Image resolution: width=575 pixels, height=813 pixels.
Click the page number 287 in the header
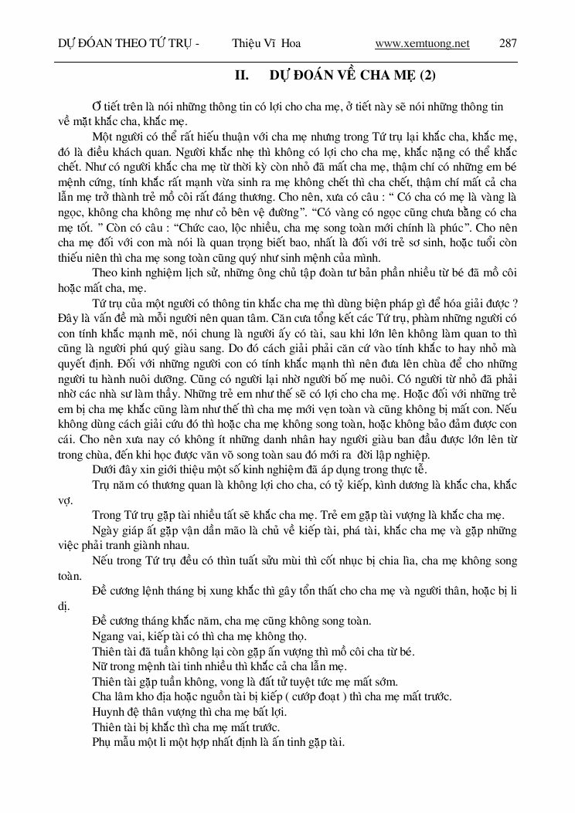pyautogui.click(x=508, y=43)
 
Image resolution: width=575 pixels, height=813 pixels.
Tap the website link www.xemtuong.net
pyautogui.click(x=422, y=43)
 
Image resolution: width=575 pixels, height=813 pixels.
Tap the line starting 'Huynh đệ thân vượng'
pyautogui.click(x=189, y=712)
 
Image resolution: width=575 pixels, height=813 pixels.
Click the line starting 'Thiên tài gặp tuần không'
pyautogui.click(x=245, y=682)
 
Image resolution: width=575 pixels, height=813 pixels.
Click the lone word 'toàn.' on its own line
pyautogui.click(x=70, y=575)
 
